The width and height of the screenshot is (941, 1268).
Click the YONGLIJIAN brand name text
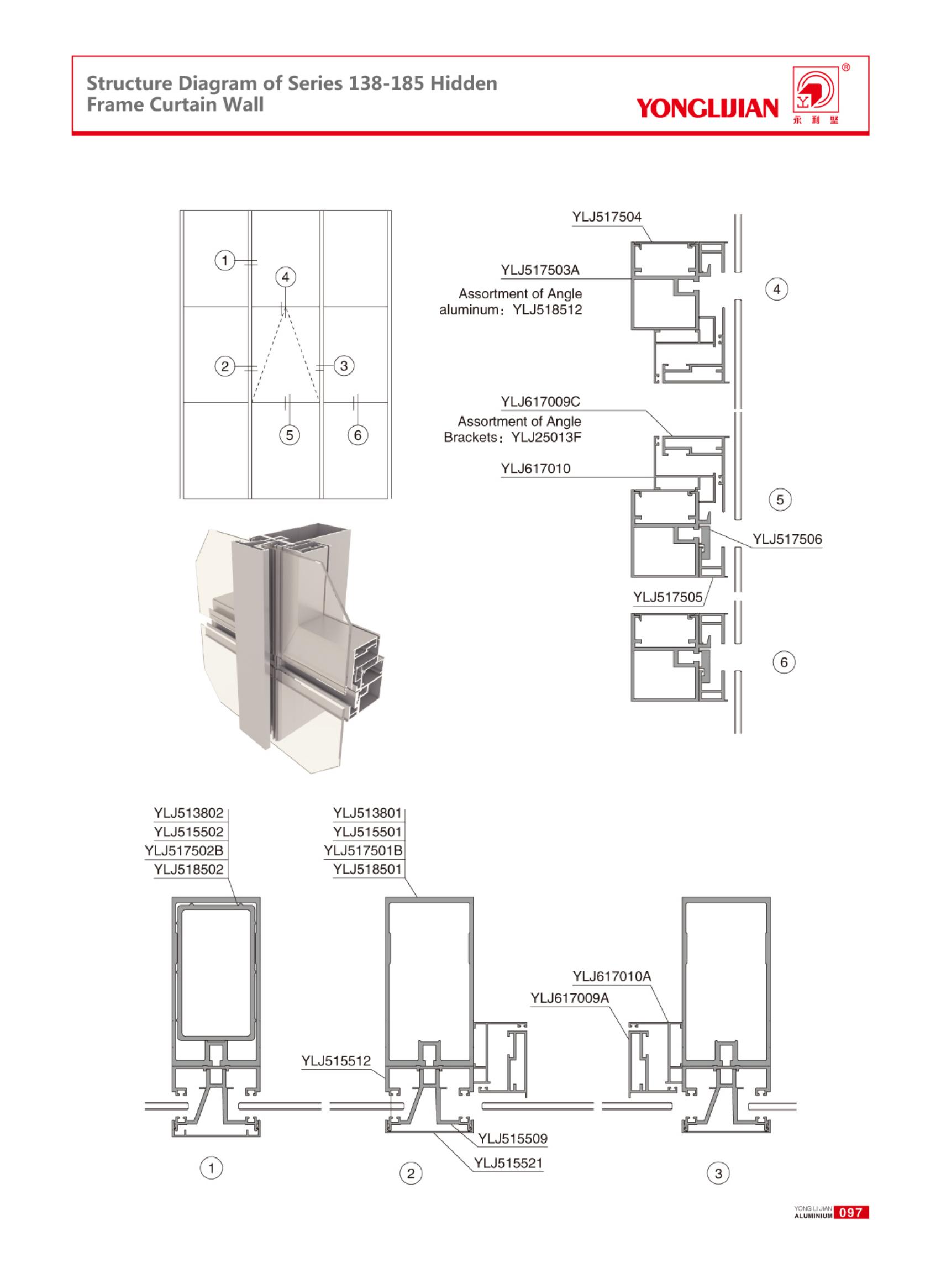click(x=707, y=108)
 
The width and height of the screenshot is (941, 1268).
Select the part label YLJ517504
click(x=606, y=217)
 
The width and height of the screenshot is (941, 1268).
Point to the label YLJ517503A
click(x=540, y=270)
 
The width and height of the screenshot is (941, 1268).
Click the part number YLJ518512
click(x=548, y=310)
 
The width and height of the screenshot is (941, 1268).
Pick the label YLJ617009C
click(x=540, y=402)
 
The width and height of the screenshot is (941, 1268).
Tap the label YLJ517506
click(x=787, y=539)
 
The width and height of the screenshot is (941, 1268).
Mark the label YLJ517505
click(x=668, y=598)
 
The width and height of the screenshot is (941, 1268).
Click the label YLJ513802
click(x=188, y=813)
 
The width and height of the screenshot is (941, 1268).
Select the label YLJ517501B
click(x=363, y=850)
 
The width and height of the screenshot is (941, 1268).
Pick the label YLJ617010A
click(x=612, y=976)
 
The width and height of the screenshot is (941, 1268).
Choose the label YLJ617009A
click(x=570, y=998)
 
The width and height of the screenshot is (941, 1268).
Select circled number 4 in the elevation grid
click(x=285, y=277)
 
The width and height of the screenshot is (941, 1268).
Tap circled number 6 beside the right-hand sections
click(x=784, y=662)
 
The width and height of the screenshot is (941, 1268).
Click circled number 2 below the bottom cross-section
click(x=411, y=1174)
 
